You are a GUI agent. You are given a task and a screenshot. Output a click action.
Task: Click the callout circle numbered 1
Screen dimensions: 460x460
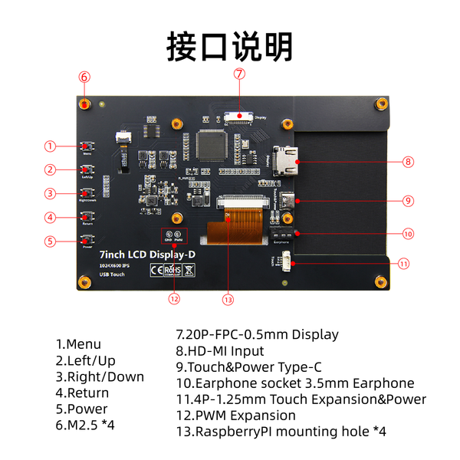[50, 146]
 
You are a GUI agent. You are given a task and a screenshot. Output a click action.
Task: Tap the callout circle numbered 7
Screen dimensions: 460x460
[239, 74]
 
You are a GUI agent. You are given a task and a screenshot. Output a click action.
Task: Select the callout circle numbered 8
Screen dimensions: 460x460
[408, 162]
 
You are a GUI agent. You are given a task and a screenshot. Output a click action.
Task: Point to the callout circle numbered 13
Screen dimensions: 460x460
[227, 299]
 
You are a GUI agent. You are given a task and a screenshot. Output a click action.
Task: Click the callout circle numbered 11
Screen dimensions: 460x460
[404, 263]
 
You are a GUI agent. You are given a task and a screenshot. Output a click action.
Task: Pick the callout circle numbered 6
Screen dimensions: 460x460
[84, 77]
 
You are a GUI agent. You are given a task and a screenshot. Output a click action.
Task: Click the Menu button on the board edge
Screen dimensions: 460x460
[87, 146]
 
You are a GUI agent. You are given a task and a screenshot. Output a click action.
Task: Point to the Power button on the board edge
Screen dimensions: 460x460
[87, 241]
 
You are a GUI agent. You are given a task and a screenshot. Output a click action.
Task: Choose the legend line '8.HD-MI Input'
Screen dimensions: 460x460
[220, 351]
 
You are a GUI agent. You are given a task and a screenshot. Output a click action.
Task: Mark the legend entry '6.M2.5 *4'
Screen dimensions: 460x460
[85, 425]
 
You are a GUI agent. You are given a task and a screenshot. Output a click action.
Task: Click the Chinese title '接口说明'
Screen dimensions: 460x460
[230, 45]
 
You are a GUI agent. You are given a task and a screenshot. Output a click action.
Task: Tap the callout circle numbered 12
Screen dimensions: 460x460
[174, 299]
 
